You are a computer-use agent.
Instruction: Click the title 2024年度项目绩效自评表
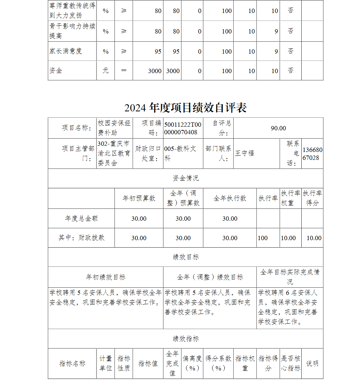pyautogui.click(x=185, y=108)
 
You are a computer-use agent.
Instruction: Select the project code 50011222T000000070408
pyautogui.click(x=183, y=128)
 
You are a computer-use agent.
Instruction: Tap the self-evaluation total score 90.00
pyautogui.click(x=278, y=128)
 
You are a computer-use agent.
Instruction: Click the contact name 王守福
pyautogui.click(x=245, y=153)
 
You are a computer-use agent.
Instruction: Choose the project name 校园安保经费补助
pyautogui.click(x=114, y=128)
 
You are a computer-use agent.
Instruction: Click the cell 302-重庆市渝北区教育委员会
pyautogui.click(x=114, y=153)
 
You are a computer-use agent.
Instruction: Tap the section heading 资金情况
pyautogui.click(x=185, y=178)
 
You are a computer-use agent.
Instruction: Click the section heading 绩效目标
pyautogui.click(x=185, y=257)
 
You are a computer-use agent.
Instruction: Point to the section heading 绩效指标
pyautogui.click(x=185, y=339)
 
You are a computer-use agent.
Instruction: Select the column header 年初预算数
pyautogui.click(x=139, y=198)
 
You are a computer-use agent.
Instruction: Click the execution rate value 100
pyautogui.click(x=263, y=238)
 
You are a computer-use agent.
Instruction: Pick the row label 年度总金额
pyautogui.click(x=81, y=219)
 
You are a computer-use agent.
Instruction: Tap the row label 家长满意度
pyautogui.click(x=66, y=51)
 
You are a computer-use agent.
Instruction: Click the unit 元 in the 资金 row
pyautogui.click(x=105, y=71)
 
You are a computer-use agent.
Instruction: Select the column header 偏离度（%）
pyautogui.click(x=192, y=363)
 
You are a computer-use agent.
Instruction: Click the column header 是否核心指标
pyautogui.click(x=291, y=363)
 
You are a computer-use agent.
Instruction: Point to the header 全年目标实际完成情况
pyautogui.click(x=290, y=277)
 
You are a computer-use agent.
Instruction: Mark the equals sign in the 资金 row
pyautogui.click(x=124, y=71)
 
